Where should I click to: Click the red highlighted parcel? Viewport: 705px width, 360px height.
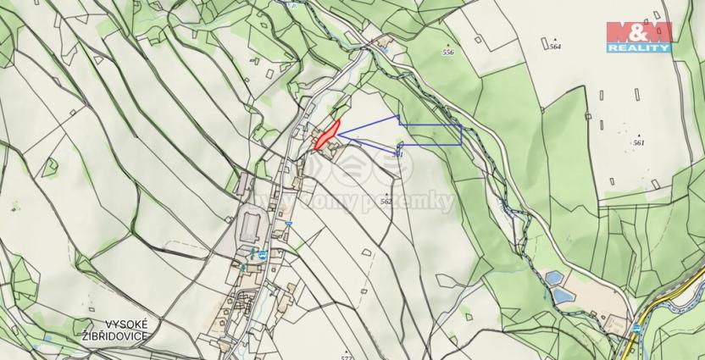(326, 136)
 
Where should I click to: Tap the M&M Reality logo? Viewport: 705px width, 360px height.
(638, 36)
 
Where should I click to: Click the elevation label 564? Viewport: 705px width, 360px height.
(555, 47)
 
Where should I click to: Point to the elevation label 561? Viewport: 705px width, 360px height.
(638, 142)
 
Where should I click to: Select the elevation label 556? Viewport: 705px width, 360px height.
(447, 53)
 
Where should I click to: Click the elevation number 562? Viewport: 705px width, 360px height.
(386, 202)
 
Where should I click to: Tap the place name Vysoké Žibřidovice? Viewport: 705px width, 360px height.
(114, 330)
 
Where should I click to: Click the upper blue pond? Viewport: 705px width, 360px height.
(553, 277)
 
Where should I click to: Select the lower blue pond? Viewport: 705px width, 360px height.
(562, 296)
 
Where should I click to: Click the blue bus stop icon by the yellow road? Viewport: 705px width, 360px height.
(636, 327)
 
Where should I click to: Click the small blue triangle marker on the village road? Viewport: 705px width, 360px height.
(288, 224)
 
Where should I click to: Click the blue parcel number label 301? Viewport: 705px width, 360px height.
(398, 153)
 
